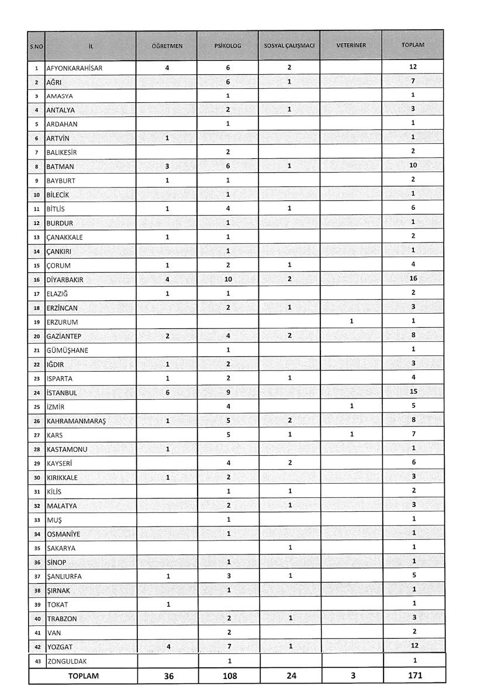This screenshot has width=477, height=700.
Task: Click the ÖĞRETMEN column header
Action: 167,45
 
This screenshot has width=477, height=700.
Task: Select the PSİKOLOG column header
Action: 228,45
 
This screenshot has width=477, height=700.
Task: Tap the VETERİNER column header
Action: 351,45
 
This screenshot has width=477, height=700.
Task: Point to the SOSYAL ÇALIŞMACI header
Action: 289,45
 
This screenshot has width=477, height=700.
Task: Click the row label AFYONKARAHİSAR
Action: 74,68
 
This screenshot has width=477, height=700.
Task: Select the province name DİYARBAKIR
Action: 65,280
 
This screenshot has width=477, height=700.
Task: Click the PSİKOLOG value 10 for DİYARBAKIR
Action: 228,280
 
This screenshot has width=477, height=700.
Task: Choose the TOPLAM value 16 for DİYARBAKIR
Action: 413,279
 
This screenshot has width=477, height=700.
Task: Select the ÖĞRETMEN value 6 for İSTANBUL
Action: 167,393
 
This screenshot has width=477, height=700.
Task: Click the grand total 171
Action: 413,675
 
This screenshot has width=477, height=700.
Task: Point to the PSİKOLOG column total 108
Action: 228,675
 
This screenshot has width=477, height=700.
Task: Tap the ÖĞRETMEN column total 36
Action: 167,675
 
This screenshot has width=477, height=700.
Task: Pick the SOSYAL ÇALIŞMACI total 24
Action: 289,675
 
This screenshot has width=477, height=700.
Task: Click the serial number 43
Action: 37,661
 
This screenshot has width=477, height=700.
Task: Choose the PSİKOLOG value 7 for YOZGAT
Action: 228,646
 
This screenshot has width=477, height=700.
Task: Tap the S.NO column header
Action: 37,45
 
